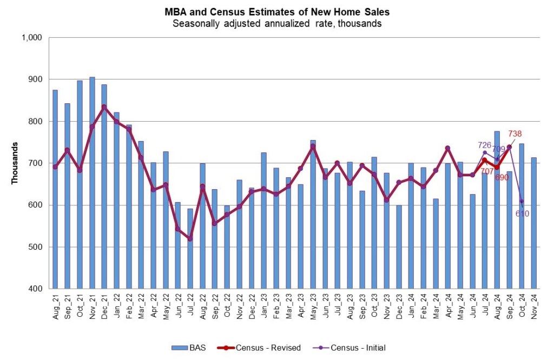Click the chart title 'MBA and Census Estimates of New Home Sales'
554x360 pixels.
click(x=277, y=12)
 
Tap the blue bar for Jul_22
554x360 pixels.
click(x=190, y=249)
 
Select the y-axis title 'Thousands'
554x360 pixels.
click(x=15, y=163)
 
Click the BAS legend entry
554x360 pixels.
click(x=189, y=348)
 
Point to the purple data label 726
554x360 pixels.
click(x=484, y=145)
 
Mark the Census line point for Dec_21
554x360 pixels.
click(x=104, y=107)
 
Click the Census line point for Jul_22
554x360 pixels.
click(x=190, y=238)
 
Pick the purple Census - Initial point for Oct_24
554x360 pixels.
click(x=522, y=201)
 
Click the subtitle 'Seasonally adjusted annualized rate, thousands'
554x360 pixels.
click(x=277, y=24)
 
